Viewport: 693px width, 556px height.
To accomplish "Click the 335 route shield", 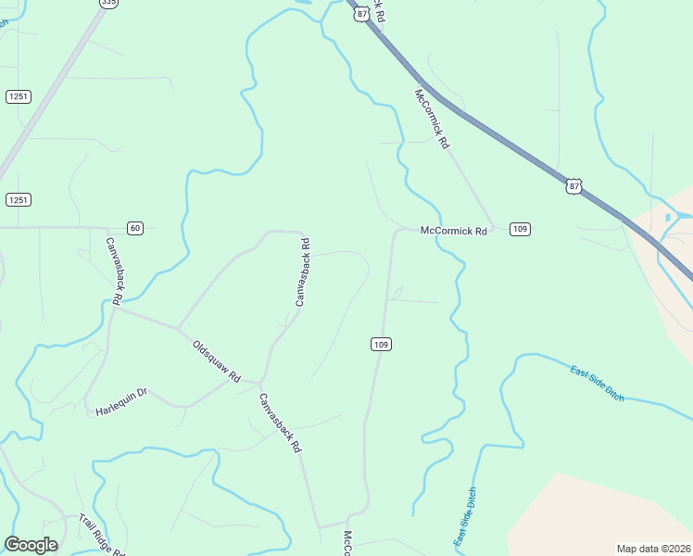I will point(109,3).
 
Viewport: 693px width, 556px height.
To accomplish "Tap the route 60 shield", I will point(135,228).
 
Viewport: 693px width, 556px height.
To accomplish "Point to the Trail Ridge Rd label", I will point(102,535).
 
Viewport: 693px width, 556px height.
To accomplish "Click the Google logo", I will point(31,545).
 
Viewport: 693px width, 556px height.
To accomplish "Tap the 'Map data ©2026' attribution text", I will point(653,548).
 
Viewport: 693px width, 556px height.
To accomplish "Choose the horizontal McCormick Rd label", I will point(453,231).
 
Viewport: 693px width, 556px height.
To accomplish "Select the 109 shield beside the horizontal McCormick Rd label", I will point(520,229).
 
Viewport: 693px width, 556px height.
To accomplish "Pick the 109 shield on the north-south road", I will point(381,345).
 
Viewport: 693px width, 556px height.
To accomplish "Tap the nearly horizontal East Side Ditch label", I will point(598,383).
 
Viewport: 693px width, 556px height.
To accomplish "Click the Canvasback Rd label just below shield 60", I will point(112,272).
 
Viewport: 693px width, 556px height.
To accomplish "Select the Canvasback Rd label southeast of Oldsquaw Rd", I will point(279,422).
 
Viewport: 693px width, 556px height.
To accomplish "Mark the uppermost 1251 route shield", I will point(18,97).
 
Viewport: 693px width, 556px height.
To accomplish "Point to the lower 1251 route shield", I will point(18,200).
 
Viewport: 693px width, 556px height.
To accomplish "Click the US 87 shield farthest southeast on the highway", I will point(574,186).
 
